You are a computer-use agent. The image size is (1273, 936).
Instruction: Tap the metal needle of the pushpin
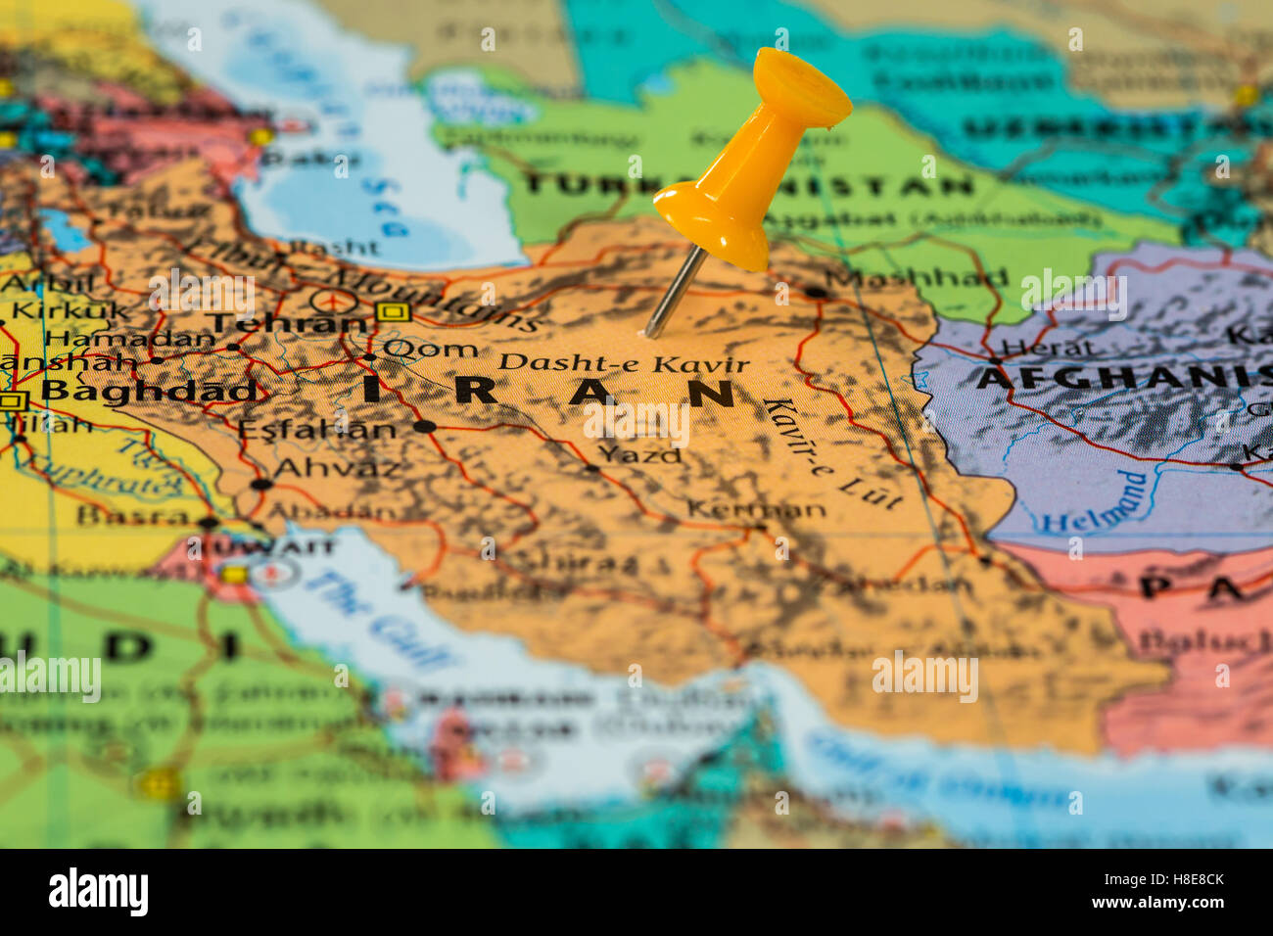click(675, 292)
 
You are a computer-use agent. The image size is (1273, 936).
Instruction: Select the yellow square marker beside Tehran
click(393, 311)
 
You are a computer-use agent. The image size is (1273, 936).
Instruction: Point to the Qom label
click(430, 349)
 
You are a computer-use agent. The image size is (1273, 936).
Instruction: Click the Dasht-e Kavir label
click(623, 363)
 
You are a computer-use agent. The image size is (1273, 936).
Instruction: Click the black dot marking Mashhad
click(815, 291)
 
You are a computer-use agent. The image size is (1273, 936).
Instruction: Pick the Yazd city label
click(639, 454)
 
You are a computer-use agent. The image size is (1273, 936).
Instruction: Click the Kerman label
click(756, 509)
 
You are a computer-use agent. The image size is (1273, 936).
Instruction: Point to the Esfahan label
click(316, 429)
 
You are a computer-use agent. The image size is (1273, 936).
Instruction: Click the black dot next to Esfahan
click(423, 427)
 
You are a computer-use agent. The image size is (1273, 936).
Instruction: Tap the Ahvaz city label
click(337, 468)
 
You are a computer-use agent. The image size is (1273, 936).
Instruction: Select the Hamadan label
click(130, 339)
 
